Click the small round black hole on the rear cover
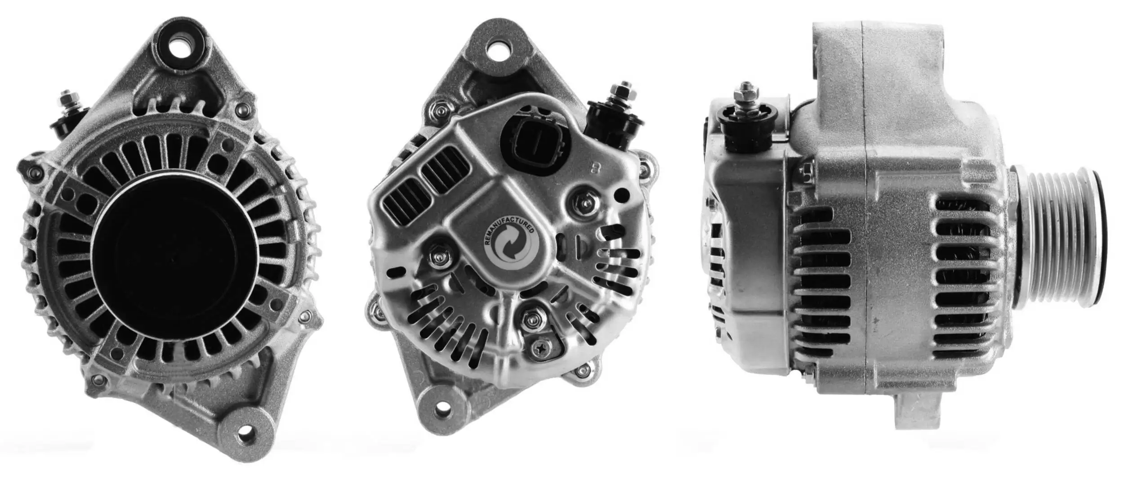point(622,195)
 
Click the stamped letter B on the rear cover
point(597,169)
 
